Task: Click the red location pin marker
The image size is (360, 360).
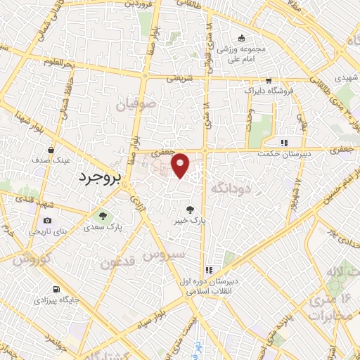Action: pos(181,165)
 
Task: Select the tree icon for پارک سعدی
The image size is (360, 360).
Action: pos(103,215)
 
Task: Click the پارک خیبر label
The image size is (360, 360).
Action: pos(191,220)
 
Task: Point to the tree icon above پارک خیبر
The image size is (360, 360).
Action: pos(189,209)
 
